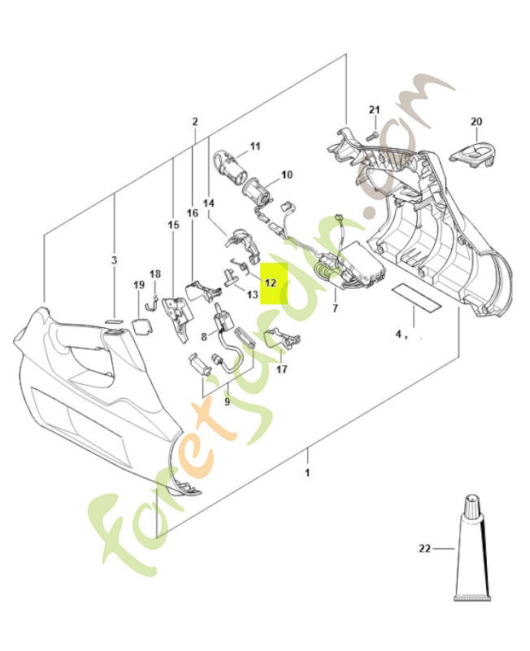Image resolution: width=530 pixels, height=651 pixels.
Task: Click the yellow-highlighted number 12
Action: (x=271, y=282)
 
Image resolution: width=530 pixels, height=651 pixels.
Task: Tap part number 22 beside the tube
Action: (x=424, y=548)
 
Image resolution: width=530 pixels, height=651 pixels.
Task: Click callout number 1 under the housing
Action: (x=307, y=472)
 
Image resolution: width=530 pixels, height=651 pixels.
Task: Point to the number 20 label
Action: (x=476, y=122)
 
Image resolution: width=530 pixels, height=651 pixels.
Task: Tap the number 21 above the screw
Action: (x=374, y=110)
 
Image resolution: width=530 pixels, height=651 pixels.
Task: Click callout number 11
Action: (x=254, y=146)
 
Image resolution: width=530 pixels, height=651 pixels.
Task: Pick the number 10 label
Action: (x=286, y=175)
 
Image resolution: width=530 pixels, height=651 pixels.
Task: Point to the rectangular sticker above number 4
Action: (x=415, y=298)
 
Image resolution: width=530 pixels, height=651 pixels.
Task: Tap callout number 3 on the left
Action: (x=114, y=260)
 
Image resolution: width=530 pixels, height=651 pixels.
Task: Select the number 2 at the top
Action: (x=195, y=122)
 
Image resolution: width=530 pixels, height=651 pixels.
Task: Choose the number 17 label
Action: (x=282, y=369)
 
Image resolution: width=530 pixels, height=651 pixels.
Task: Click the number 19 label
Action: (x=139, y=285)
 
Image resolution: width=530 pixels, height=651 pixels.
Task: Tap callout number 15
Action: (x=172, y=224)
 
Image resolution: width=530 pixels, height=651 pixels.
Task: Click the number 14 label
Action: (x=208, y=203)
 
